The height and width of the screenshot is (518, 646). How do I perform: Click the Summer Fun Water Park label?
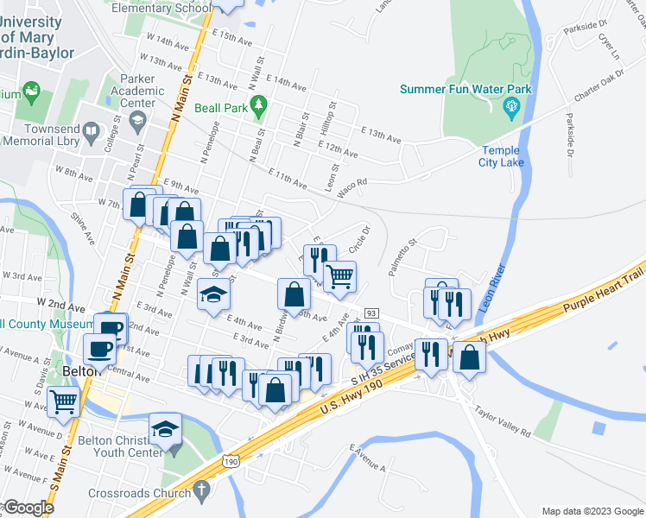point(465,89)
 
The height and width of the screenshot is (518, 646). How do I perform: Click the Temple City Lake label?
point(501,156)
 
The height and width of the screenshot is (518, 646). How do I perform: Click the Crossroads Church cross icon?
point(201,493)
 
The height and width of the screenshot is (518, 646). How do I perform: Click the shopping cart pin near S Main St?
point(64,401)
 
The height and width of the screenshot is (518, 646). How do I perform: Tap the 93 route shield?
point(371,312)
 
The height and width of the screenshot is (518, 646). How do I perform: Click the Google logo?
point(28,508)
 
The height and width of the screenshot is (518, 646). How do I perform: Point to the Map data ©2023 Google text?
point(592,511)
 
